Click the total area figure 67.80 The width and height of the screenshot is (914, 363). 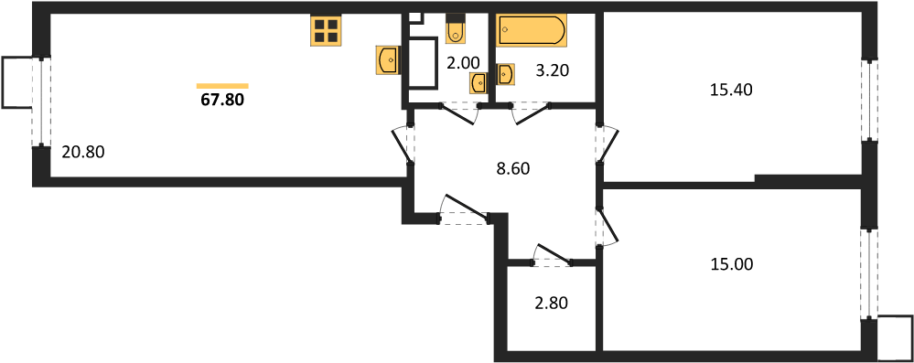[222, 100]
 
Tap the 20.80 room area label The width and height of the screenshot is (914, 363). [82, 153]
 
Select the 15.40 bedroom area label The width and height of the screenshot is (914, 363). [732, 90]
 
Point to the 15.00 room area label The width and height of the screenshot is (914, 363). [732, 264]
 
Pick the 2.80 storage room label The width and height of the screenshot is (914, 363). [550, 303]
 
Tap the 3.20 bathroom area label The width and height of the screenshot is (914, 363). [551, 71]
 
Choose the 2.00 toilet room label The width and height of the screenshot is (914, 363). [463, 62]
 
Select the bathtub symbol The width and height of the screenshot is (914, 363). [531, 30]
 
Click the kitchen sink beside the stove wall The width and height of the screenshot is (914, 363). [388, 60]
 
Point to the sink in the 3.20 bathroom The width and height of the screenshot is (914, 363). [505, 75]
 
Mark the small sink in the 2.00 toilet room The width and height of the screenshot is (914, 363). [479, 83]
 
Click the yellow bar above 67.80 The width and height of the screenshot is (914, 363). [222, 86]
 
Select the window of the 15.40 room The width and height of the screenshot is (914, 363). [869, 99]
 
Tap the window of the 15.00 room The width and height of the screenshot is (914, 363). [869, 273]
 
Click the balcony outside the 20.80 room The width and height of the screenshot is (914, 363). [17, 81]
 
